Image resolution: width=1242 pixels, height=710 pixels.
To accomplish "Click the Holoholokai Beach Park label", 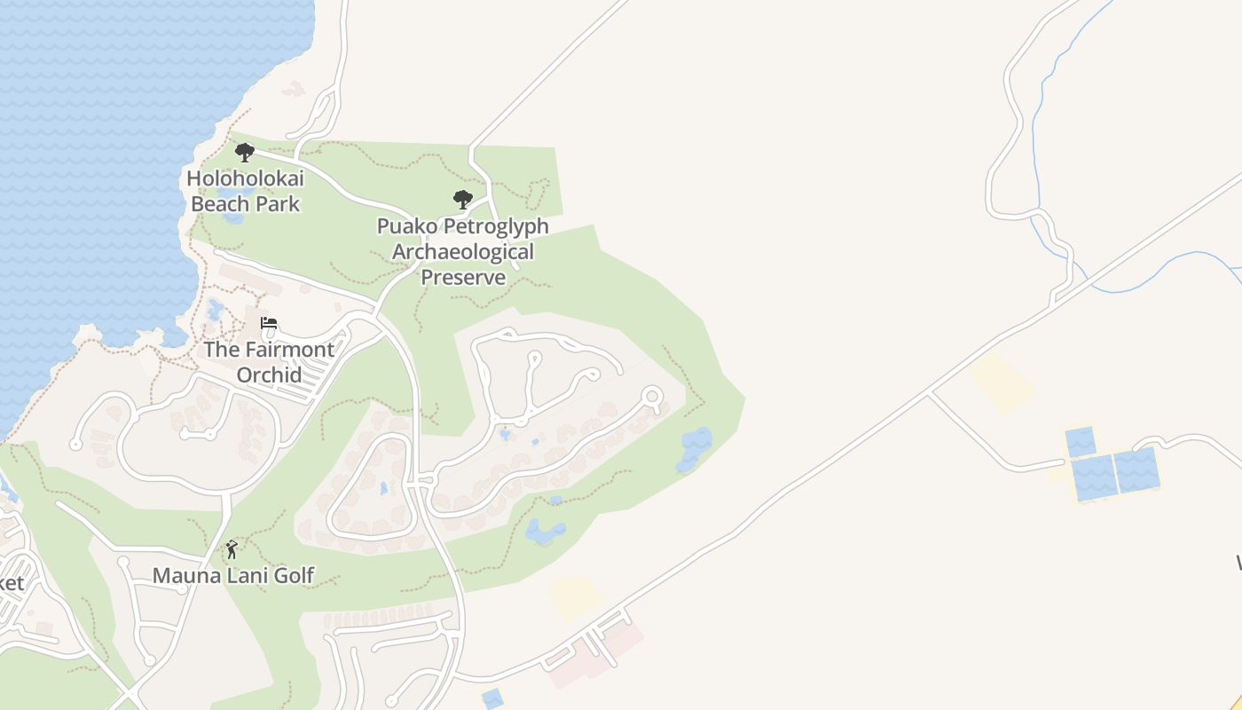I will (245, 191).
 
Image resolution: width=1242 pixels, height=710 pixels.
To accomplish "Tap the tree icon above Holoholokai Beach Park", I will (245, 153).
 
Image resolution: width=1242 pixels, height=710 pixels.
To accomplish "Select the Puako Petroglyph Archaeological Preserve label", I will (462, 251).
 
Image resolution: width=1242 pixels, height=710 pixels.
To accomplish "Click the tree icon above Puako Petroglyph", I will (462, 199).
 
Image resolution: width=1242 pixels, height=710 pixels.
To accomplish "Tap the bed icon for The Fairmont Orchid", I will (269, 323).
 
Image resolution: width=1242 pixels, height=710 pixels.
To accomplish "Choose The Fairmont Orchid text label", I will (269, 361).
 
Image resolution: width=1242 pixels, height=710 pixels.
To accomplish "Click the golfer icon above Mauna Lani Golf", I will (232, 550).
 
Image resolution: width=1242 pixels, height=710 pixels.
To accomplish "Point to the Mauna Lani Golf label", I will (233, 575).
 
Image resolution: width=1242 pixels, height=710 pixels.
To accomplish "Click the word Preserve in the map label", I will (462, 277).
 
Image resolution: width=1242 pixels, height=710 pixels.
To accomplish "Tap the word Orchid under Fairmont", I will (269, 374).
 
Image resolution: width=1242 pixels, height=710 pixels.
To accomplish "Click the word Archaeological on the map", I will (462, 252).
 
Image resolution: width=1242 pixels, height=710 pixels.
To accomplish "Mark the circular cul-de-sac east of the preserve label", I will (653, 396).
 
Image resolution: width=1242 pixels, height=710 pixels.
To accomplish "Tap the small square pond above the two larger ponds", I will (1080, 441).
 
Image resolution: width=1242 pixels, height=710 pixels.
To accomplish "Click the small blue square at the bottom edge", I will (492, 698).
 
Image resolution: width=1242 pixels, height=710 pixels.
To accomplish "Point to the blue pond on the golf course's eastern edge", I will (695, 448).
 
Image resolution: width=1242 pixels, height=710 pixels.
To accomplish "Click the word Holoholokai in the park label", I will (245, 178).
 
